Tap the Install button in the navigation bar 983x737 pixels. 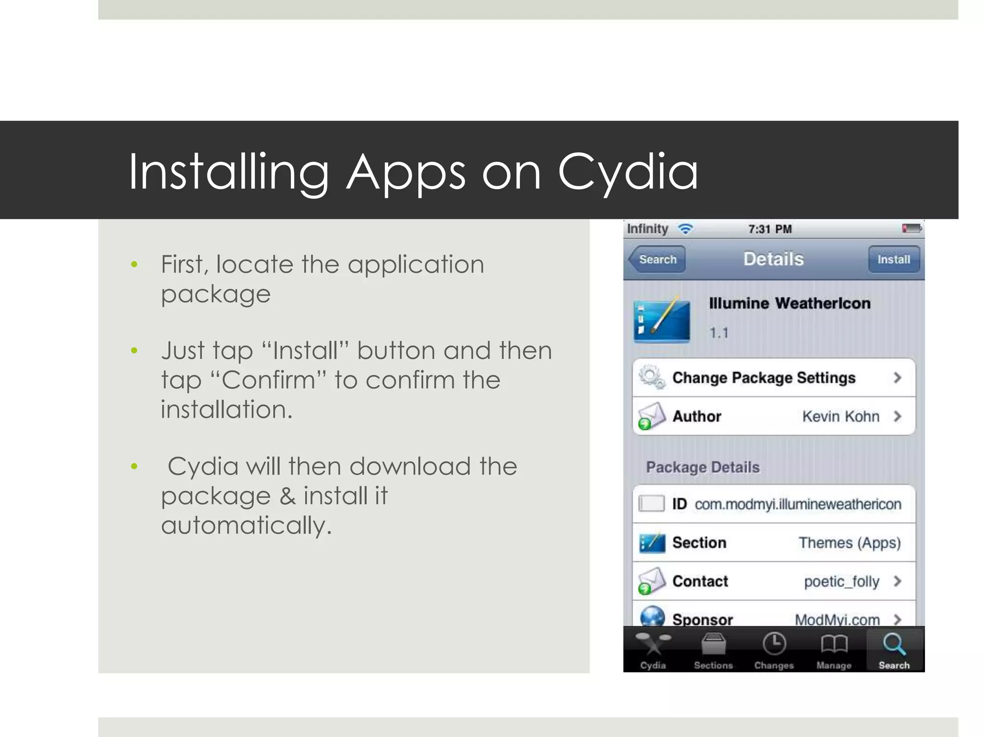[x=893, y=260]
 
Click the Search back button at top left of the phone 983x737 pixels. [x=657, y=260]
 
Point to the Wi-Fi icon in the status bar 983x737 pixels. [x=685, y=229]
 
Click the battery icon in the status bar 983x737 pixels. [x=911, y=229]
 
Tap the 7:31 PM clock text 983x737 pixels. [x=770, y=229]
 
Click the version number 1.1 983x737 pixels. [x=719, y=333]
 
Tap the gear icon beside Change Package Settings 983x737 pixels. [x=652, y=378]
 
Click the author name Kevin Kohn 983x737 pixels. [x=840, y=416]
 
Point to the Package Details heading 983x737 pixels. [x=703, y=467]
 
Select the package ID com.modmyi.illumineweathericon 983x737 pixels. [x=798, y=504]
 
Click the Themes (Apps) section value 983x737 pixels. [x=849, y=543]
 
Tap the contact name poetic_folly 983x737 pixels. [x=841, y=582]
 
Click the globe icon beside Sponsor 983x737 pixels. [x=652, y=617]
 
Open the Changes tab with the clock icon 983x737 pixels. [x=774, y=651]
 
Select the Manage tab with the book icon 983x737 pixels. [x=834, y=651]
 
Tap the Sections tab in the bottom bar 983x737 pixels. [x=713, y=651]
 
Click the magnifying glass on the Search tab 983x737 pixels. [x=894, y=644]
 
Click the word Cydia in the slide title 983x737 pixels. [x=627, y=172]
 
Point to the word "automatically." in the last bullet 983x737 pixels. [x=246, y=525]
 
